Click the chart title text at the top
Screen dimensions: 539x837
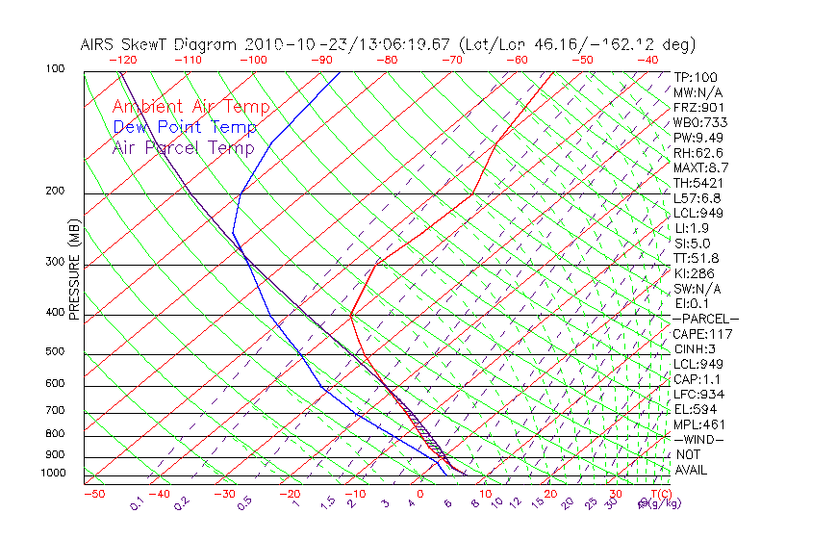388,45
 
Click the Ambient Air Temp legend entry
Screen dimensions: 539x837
190,107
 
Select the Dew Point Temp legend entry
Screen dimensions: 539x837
185,127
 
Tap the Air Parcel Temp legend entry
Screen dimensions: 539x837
184,147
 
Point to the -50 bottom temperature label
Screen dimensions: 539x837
93,494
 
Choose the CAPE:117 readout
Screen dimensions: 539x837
702,334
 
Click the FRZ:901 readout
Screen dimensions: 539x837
698,107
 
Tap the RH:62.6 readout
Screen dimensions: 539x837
698,152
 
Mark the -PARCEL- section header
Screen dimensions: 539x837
705,319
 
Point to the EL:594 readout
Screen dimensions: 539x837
695,409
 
